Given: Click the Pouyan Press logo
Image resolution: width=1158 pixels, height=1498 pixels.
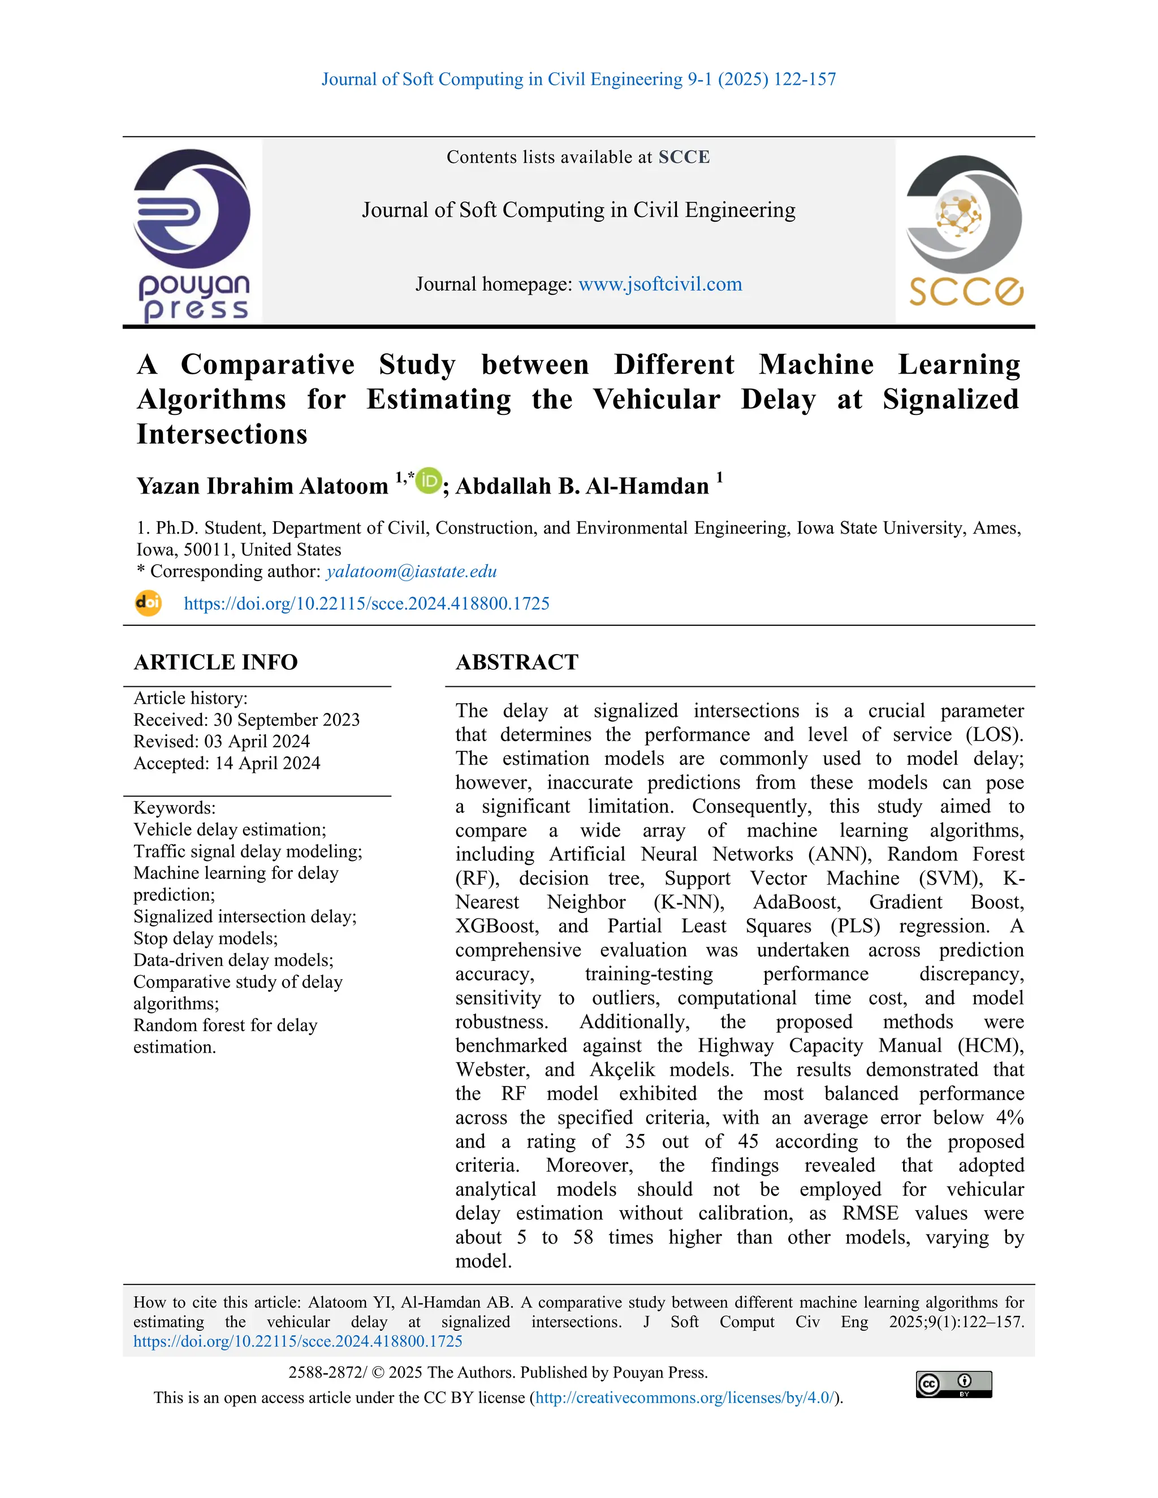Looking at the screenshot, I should (x=192, y=233).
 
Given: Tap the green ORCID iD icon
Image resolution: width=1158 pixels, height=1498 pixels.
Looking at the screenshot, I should (x=429, y=481).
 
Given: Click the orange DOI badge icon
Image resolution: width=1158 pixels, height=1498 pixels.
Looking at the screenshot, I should (x=148, y=604).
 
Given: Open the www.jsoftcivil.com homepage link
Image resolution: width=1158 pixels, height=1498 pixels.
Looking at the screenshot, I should (x=660, y=284).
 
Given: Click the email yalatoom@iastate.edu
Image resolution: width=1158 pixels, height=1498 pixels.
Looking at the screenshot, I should (x=411, y=572).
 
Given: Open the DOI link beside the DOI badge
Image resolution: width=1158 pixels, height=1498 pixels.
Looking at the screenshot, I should (x=366, y=604).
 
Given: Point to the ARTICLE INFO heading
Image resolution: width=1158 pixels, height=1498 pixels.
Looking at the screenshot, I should (x=215, y=662).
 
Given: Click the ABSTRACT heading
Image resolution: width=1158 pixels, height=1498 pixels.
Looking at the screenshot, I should (x=517, y=662).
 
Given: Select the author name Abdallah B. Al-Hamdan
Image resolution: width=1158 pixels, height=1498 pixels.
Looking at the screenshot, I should (x=582, y=486).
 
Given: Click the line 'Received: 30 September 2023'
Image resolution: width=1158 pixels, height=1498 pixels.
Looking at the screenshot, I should (x=247, y=720).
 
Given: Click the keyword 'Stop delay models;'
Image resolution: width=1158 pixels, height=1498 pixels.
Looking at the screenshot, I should (x=205, y=938).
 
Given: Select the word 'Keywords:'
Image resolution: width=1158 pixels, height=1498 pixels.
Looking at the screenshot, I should (x=174, y=807).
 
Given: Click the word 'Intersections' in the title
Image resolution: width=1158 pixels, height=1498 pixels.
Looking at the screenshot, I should (x=222, y=434).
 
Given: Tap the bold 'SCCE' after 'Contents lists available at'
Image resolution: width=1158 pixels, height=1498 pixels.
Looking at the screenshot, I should (x=684, y=157).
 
